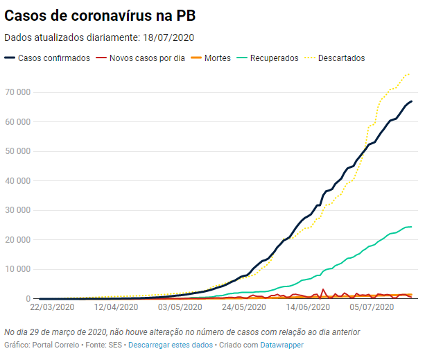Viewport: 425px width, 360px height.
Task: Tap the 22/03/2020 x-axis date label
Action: click(52, 306)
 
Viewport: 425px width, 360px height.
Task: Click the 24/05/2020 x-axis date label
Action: click(246, 306)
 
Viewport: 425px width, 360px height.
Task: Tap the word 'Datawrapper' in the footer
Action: click(281, 345)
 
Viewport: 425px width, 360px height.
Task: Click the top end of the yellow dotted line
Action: click(409, 74)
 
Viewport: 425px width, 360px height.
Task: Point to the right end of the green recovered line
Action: click(412, 227)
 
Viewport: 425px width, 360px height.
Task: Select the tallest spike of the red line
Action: click(323, 289)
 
